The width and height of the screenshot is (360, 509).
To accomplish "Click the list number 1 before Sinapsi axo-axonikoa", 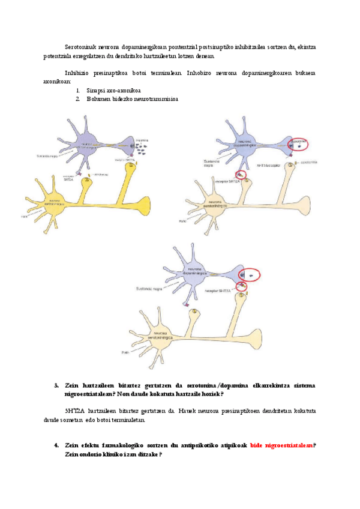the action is tap(78, 90).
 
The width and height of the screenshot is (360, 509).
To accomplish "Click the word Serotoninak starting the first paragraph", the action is tap(80, 46).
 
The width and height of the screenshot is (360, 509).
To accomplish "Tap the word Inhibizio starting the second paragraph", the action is tap(78, 72).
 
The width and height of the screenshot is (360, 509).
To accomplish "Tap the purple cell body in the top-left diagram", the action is tap(86, 145).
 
